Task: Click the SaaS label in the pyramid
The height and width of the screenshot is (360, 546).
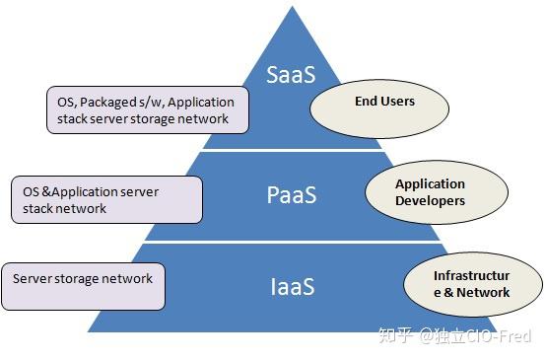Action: pyautogui.click(x=291, y=74)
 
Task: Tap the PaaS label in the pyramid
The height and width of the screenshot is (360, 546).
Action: pyautogui.click(x=292, y=194)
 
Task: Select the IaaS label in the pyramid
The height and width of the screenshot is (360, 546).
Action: pyautogui.click(x=293, y=286)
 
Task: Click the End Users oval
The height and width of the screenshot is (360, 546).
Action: pyautogui.click(x=379, y=108)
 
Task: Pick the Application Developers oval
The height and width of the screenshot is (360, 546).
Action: pyautogui.click(x=437, y=192)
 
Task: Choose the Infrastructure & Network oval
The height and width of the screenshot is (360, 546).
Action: pyautogui.click(x=473, y=284)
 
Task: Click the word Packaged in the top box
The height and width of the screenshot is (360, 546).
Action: pyautogui.click(x=108, y=103)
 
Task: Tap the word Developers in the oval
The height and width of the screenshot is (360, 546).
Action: pyautogui.click(x=430, y=201)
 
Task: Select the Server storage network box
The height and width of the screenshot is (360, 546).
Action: pyautogui.click(x=83, y=286)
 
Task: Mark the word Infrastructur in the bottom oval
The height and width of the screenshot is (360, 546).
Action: pyautogui.click(x=471, y=275)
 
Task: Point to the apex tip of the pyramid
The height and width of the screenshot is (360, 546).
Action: pyautogui.click(x=293, y=6)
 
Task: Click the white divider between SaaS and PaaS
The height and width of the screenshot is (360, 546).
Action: pyautogui.click(x=293, y=150)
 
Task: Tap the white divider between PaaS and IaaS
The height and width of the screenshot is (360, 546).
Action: pyautogui.click(x=293, y=242)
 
